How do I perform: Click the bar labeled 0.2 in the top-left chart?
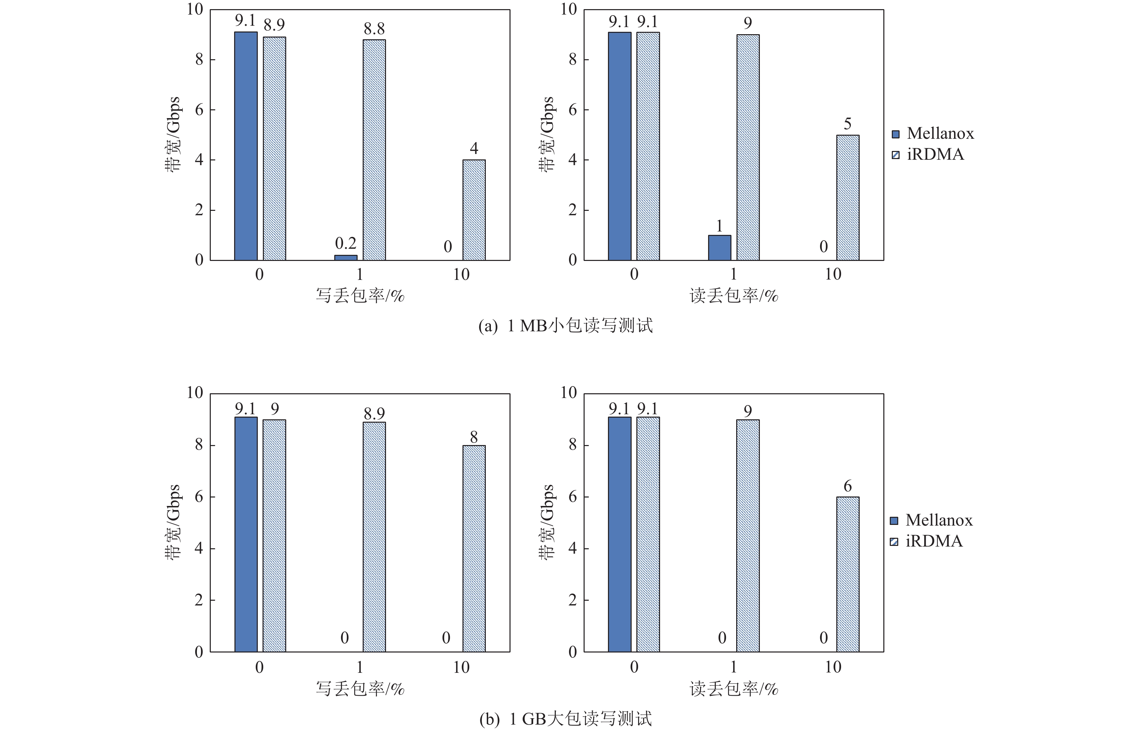pyautogui.click(x=345, y=258)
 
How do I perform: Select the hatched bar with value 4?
pyautogui.click(x=474, y=210)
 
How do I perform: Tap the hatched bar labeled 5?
pyautogui.click(x=848, y=198)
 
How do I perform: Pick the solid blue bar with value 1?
pyautogui.click(x=719, y=247)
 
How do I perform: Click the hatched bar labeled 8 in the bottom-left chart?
pyautogui.click(x=474, y=549)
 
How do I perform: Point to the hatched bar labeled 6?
pyautogui.click(x=848, y=574)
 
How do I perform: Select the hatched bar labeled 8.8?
pyautogui.click(x=374, y=150)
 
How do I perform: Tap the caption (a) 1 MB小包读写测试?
pyautogui.click(x=565, y=326)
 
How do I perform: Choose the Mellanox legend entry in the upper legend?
pyautogui.click(x=933, y=134)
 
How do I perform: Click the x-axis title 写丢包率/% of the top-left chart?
pyautogui.click(x=360, y=296)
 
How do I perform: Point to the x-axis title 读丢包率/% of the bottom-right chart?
pyautogui.click(x=733, y=689)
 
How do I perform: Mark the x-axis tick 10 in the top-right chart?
pyautogui.click(x=833, y=274)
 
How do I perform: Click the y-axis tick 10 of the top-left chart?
pyautogui.click(x=194, y=9)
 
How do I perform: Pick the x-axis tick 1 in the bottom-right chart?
pyautogui.click(x=733, y=667)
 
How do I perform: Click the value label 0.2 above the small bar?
pyautogui.click(x=345, y=244)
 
